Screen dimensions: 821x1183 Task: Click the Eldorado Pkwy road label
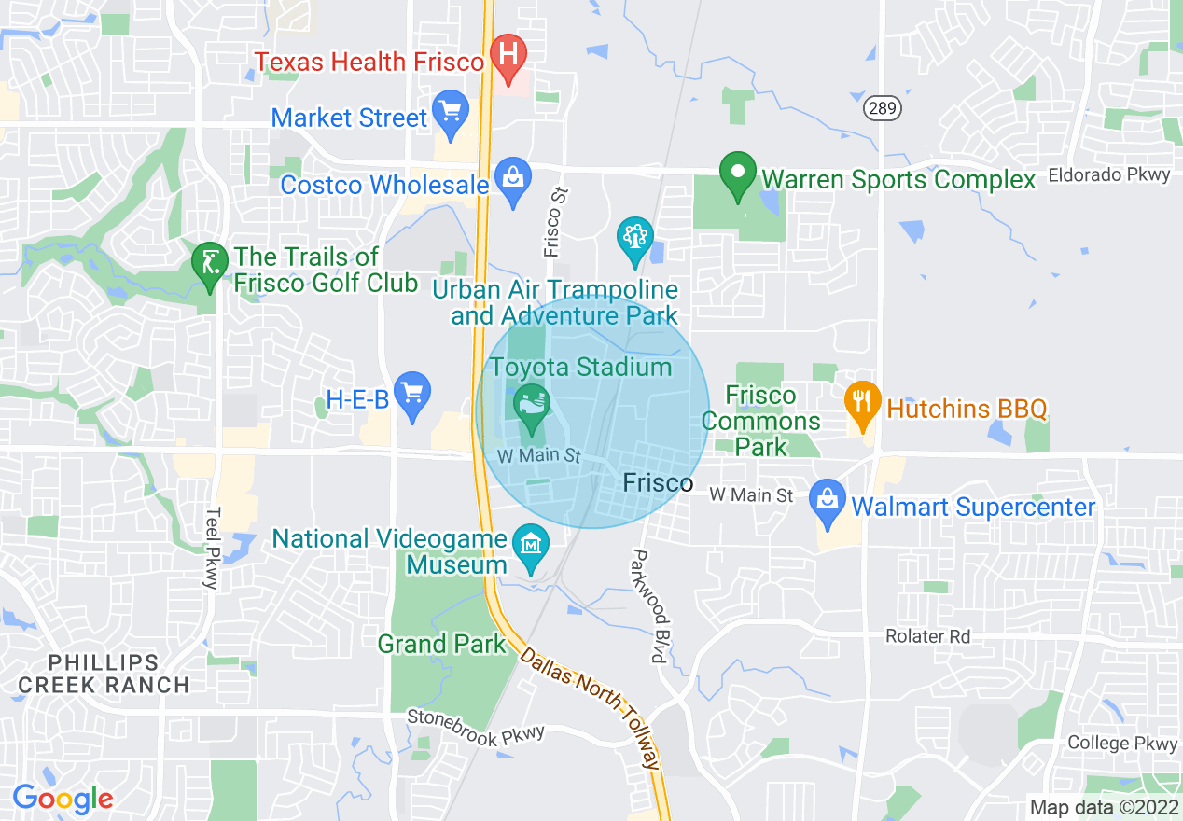[1108, 174]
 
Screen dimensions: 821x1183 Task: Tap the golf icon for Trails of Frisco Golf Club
[210, 262]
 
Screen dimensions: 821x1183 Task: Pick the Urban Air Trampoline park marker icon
[635, 237]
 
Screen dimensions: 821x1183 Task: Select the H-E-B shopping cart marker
[411, 392]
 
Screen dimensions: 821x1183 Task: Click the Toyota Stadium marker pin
[532, 406]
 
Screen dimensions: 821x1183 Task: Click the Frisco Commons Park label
[761, 421]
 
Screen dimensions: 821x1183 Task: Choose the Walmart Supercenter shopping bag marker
[827, 500]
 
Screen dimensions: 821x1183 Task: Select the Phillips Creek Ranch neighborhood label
[104, 674]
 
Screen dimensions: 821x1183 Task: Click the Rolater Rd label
[927, 636]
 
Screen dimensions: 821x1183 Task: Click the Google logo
[63, 799]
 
